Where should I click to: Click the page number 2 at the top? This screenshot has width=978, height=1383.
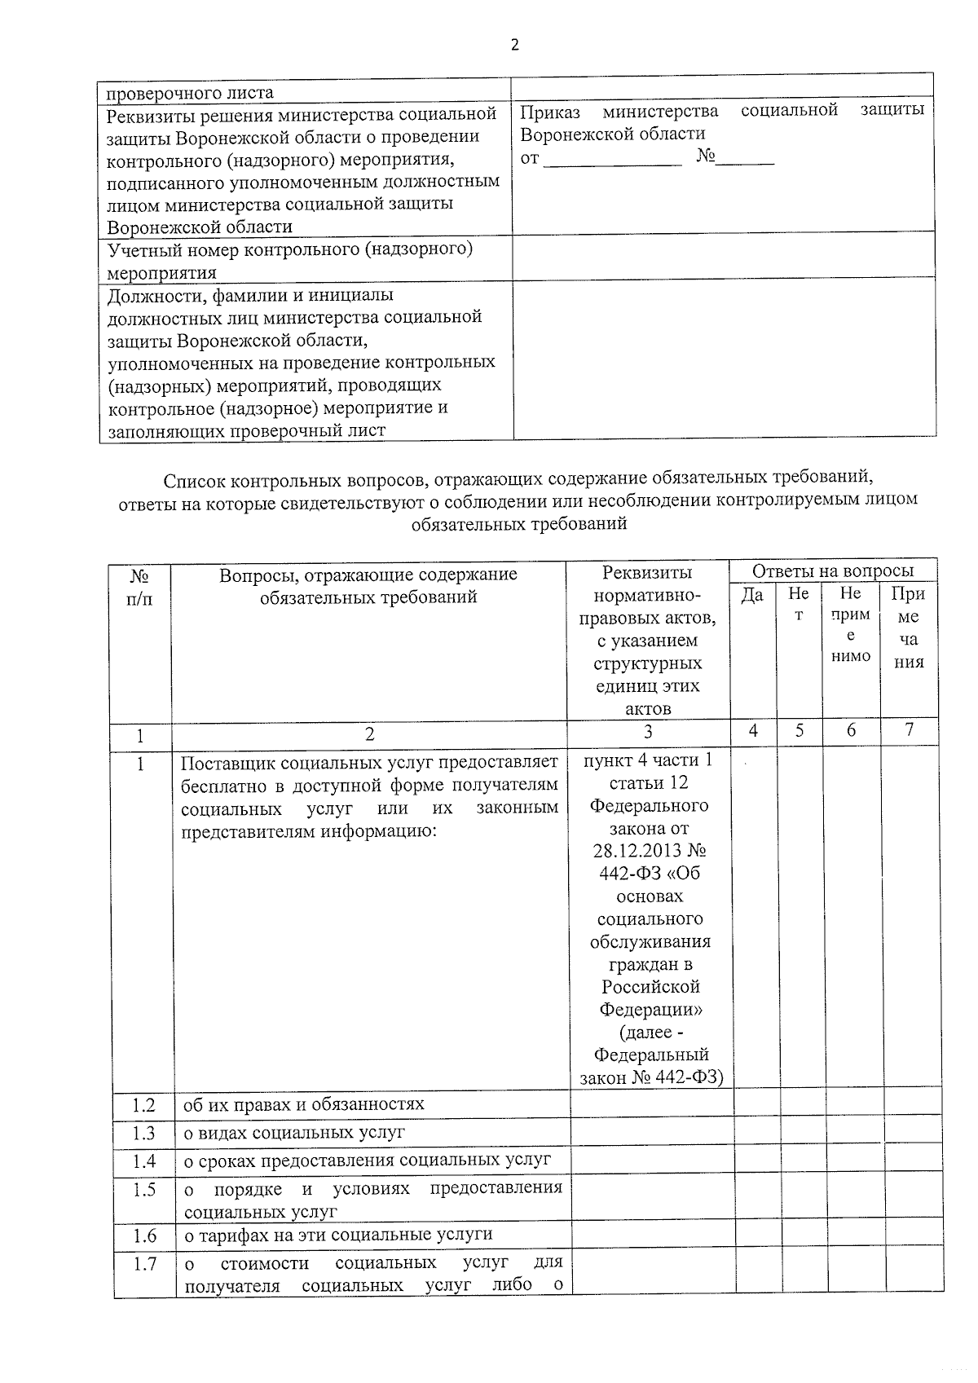[x=514, y=45]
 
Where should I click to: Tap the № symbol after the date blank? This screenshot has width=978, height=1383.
[x=705, y=157]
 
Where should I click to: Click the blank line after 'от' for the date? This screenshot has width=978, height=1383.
[x=611, y=159]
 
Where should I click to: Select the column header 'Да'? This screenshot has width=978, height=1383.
[x=752, y=596]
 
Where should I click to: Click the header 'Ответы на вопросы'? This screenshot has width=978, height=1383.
[x=832, y=570]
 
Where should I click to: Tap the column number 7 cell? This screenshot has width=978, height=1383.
[x=909, y=730]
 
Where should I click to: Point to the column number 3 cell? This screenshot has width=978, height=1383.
[x=648, y=732]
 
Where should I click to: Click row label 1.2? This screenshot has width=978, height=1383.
[x=143, y=1106]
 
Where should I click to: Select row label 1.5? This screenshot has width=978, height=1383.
[x=144, y=1190]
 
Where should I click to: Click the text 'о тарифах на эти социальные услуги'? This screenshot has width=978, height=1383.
[x=338, y=1235]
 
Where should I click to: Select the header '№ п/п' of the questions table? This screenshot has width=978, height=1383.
[x=140, y=587]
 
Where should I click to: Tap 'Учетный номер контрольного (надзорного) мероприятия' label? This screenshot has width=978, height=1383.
[x=290, y=260]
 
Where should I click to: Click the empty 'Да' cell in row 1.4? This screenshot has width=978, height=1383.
[x=756, y=1161]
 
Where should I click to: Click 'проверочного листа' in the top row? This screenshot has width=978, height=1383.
[x=190, y=93]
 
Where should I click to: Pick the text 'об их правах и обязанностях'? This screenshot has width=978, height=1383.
[x=304, y=1105]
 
